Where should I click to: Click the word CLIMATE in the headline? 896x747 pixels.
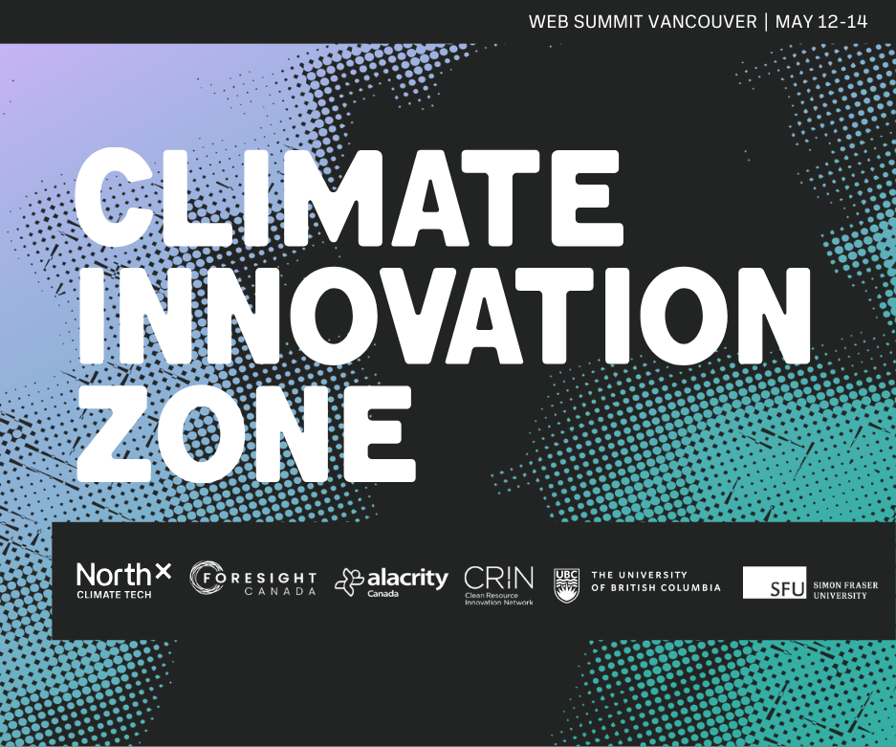[x=349, y=198]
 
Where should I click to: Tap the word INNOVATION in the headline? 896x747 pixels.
[x=445, y=316]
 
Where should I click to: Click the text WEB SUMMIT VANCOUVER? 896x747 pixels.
[x=643, y=22]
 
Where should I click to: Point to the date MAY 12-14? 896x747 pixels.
[x=821, y=22]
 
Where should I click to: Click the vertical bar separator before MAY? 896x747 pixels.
[x=766, y=22]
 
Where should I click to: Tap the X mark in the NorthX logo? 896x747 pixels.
[x=163, y=571]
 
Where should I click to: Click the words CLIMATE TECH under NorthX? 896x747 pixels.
[x=115, y=594]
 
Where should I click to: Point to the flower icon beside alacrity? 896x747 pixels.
[x=349, y=582]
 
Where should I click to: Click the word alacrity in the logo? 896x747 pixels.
[x=407, y=579]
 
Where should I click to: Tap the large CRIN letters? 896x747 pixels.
[x=499, y=578]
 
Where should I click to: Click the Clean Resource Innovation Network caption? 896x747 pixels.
[x=499, y=599]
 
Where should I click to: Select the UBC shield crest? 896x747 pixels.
[x=566, y=585]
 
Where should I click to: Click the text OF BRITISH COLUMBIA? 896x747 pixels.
[x=656, y=587]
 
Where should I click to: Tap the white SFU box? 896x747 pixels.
[x=775, y=582]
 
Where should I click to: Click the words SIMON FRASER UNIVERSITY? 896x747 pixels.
[x=845, y=590]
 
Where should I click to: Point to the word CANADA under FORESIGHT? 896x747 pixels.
[x=280, y=591]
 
